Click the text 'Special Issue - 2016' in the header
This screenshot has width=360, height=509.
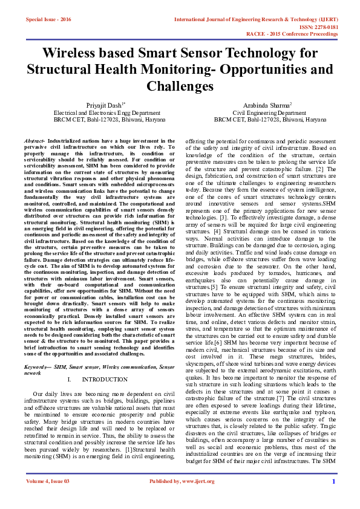(48, 19)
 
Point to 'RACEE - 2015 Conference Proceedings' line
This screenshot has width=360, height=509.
(304, 34)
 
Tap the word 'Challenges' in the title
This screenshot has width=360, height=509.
(180, 86)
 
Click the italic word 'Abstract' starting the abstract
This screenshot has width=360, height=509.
(34, 139)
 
